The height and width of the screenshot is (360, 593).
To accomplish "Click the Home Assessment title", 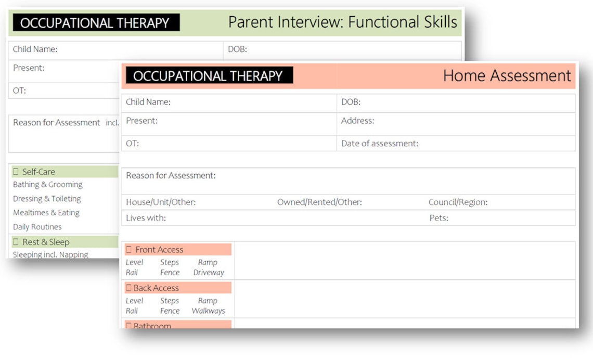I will pos(507,76).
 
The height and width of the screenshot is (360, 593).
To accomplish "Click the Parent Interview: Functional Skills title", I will pos(342,22).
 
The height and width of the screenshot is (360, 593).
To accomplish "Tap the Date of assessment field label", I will pos(379,144).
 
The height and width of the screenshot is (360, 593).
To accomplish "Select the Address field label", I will pos(357,121).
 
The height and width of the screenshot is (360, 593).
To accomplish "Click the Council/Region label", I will pos(458,202).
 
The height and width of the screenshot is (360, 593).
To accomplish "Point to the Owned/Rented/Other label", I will pos(319,202).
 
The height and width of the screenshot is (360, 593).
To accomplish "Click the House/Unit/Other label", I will pos(161,202).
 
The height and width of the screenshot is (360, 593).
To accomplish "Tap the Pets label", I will pos(439,218).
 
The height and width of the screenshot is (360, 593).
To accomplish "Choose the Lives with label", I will pos(146,218).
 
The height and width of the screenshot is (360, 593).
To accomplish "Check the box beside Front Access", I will pos(129,250).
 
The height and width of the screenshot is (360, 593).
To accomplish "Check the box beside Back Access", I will pos(128,288).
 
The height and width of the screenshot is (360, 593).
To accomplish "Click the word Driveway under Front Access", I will pos(209,273).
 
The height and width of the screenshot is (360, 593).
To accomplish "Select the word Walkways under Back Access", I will pos(208,311).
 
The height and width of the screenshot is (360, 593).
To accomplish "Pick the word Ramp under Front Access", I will pos(208,263).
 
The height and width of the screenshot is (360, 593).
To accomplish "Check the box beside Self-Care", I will pos(16,172).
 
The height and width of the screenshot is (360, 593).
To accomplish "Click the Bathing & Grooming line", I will pos(48,185).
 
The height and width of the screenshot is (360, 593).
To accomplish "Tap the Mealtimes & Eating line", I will pos(46,213).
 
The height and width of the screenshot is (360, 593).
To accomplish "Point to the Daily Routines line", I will pos(37,227).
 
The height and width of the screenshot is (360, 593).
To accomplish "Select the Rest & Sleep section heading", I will pos(46,242).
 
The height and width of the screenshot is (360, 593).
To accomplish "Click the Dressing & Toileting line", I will pos(47,199).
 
